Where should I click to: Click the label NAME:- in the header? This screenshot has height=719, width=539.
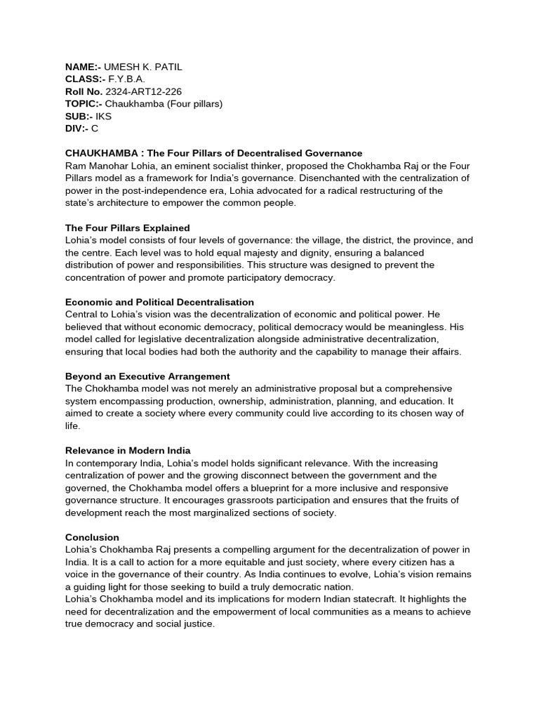click(83, 66)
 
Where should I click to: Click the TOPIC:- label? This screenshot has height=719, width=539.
click(84, 104)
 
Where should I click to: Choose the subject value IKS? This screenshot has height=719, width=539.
click(103, 117)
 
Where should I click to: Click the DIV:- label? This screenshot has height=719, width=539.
click(76, 129)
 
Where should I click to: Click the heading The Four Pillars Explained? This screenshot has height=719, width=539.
click(127, 228)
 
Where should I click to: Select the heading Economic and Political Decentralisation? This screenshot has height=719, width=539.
click(159, 301)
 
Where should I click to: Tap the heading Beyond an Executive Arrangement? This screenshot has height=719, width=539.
click(147, 376)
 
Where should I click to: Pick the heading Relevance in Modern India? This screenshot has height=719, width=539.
click(128, 450)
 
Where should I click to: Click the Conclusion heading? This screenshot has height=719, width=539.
click(92, 537)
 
